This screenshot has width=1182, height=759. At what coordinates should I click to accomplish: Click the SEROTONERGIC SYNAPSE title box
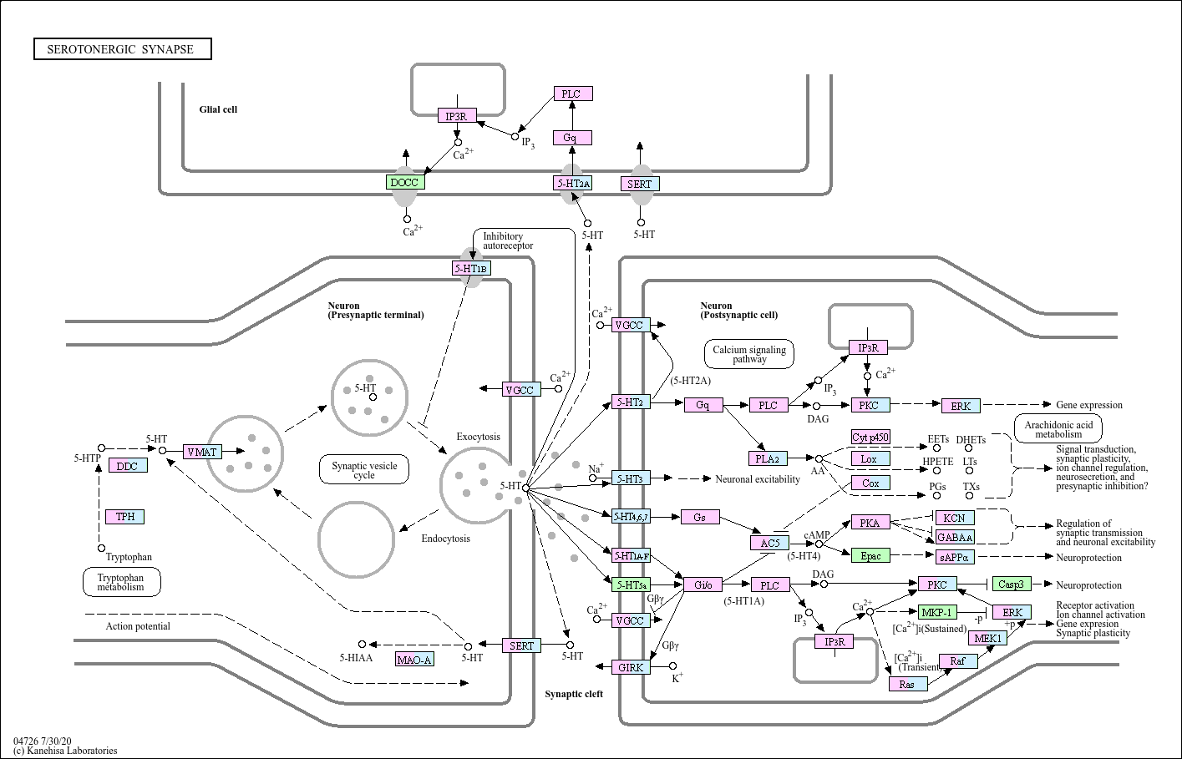pos(123,49)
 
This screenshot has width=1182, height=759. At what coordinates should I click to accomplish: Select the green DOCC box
pos(405,183)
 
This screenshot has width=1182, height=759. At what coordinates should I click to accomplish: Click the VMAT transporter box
pos(203,452)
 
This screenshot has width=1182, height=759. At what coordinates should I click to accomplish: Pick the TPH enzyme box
pos(124,517)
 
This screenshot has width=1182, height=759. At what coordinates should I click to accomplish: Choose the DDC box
pos(128,466)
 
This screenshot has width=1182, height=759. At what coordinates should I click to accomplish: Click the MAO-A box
pos(415,660)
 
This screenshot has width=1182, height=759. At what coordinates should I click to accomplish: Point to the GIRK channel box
pos(632,667)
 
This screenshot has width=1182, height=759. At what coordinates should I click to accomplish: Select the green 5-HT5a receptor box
pos(632,584)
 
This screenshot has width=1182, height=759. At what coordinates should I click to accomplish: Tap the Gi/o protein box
pos(703,584)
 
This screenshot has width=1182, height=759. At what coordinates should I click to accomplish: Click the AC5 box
pos(770,543)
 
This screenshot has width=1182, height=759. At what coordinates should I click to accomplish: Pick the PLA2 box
pos(768,458)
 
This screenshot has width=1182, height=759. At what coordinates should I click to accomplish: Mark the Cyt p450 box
pos(870,437)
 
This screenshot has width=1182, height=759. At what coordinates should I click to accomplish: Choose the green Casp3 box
pos(1012,584)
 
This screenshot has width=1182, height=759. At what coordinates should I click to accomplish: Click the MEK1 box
pos(988,638)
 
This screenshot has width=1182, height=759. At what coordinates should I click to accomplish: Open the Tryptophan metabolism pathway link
pos(121,582)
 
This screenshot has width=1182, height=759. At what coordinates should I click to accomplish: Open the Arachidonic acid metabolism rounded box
pos(1058,429)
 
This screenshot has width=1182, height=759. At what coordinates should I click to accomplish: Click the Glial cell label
pos(218,109)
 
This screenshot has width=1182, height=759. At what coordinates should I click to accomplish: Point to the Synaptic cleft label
pos(574,694)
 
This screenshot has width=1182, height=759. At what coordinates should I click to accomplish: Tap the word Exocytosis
pos(478,437)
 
